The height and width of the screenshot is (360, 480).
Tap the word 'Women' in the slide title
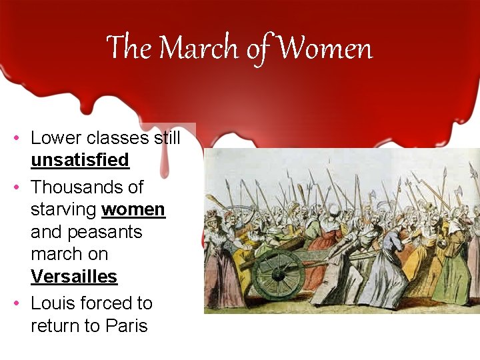[325, 49]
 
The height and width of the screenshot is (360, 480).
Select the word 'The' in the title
[130, 49]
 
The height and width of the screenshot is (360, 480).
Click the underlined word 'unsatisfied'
[80, 161]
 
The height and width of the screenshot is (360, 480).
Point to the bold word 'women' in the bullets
[133, 209]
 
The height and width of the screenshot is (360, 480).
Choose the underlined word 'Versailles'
[74, 277]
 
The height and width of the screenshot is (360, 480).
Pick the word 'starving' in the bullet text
[63, 209]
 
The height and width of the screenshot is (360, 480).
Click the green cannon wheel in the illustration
[278, 271]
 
